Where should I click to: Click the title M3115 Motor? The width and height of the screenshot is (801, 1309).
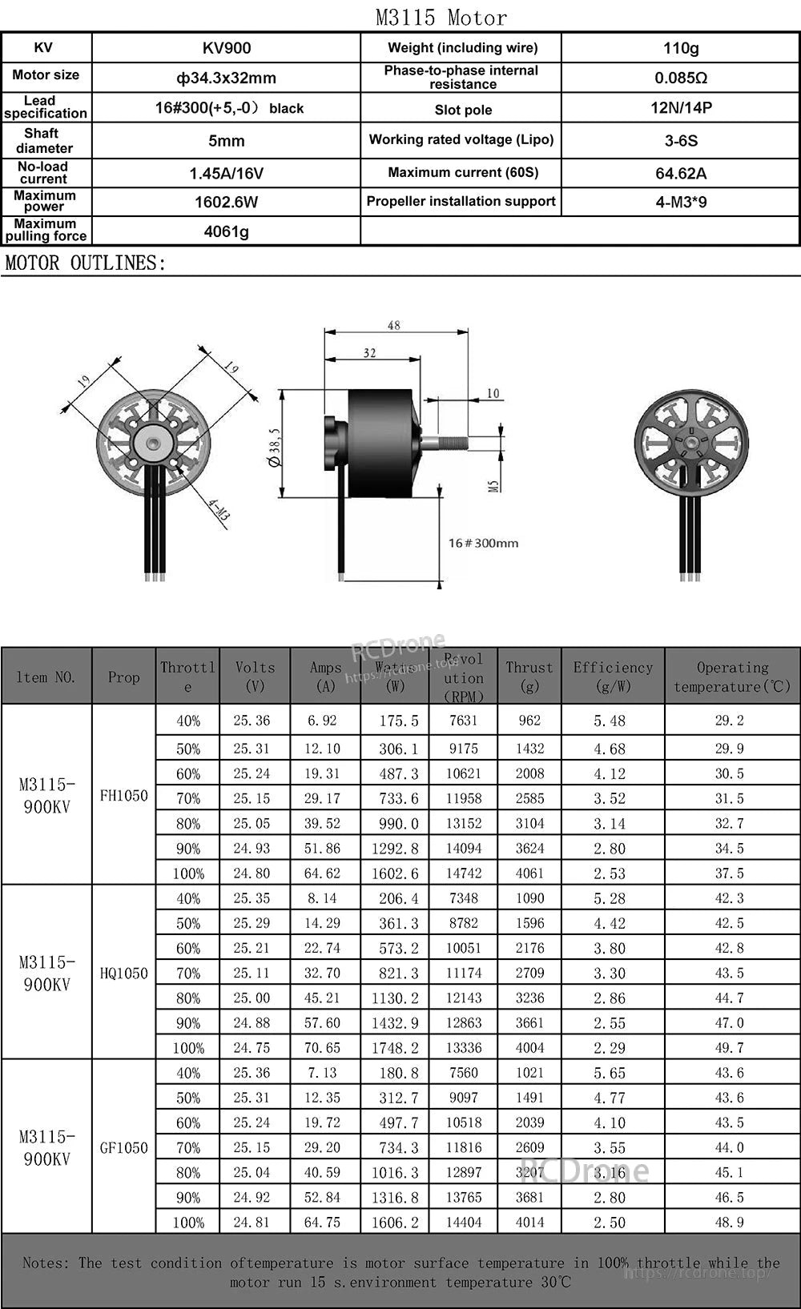(x=441, y=17)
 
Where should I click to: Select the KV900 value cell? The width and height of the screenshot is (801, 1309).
(x=227, y=48)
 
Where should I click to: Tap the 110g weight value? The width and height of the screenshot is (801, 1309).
(x=681, y=48)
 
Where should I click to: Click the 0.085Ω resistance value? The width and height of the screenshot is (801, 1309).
(x=681, y=78)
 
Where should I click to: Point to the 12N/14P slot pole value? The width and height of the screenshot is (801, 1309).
(x=681, y=107)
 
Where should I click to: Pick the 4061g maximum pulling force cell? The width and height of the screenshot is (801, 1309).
(x=227, y=231)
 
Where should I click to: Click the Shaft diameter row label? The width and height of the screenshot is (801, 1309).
(x=45, y=140)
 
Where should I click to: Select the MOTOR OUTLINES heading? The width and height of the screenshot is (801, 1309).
(x=86, y=263)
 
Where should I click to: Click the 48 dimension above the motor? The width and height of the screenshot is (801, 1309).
(x=394, y=325)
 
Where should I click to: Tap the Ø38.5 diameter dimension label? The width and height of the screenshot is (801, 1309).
(x=275, y=447)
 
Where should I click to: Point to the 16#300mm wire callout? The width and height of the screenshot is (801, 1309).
(x=483, y=543)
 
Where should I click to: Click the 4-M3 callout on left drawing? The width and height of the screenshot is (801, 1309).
(x=219, y=510)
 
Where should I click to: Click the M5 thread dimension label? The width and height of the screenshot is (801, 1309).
(x=493, y=485)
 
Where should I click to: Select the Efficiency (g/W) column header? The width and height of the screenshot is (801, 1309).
(x=613, y=677)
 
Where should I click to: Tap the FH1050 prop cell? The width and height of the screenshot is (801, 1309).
(x=123, y=795)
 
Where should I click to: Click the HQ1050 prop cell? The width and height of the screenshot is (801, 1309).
(x=123, y=973)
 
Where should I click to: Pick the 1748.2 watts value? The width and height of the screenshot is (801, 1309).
(x=395, y=1047)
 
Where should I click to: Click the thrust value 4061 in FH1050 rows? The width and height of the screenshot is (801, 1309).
(x=529, y=873)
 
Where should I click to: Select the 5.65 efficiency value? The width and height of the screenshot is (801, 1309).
(x=610, y=1073)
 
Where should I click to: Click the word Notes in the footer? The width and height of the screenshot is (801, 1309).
(x=46, y=1263)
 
